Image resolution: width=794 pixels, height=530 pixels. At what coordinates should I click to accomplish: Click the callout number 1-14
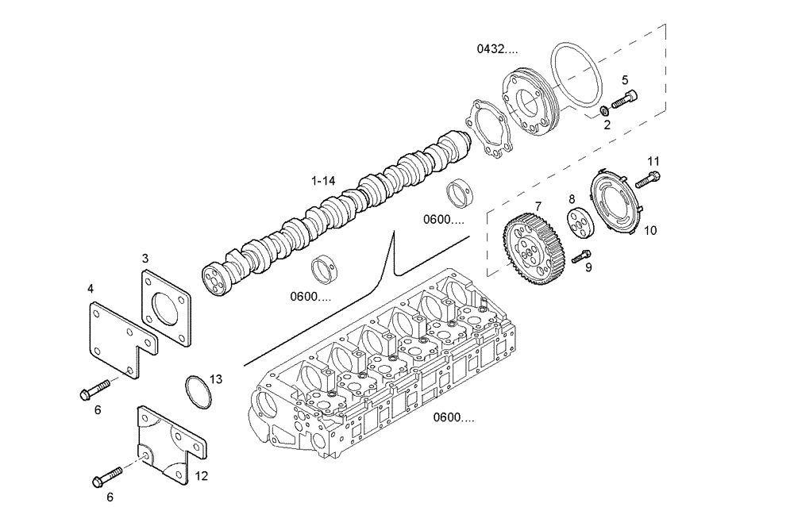click(x=323, y=181)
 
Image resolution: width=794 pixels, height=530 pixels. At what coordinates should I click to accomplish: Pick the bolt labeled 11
click(x=648, y=179)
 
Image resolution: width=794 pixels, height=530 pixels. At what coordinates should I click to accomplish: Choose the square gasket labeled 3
click(x=168, y=308)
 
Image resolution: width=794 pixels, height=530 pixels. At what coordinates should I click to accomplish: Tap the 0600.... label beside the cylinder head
click(x=454, y=417)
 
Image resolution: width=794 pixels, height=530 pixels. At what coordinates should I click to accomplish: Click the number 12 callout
click(x=201, y=476)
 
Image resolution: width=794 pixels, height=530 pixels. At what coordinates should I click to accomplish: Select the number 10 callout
click(x=650, y=231)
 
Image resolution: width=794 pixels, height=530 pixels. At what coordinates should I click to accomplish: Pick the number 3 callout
click(x=145, y=258)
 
